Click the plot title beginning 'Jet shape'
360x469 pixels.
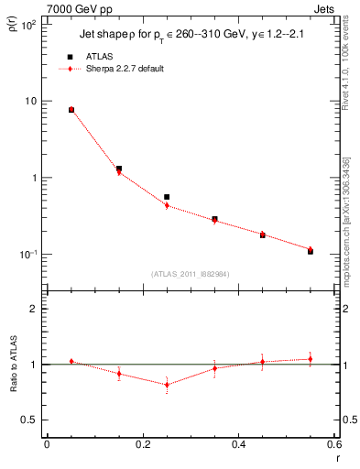click(x=191, y=37)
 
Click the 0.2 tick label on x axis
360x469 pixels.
click(x=143, y=445)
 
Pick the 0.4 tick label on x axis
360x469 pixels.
click(x=239, y=445)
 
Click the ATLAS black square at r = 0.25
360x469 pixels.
click(x=167, y=197)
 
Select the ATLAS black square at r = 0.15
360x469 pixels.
click(x=119, y=169)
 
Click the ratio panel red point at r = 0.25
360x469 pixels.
click(x=167, y=384)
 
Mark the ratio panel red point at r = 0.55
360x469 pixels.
click(x=311, y=359)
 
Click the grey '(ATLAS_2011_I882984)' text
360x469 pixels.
click(x=190, y=273)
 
